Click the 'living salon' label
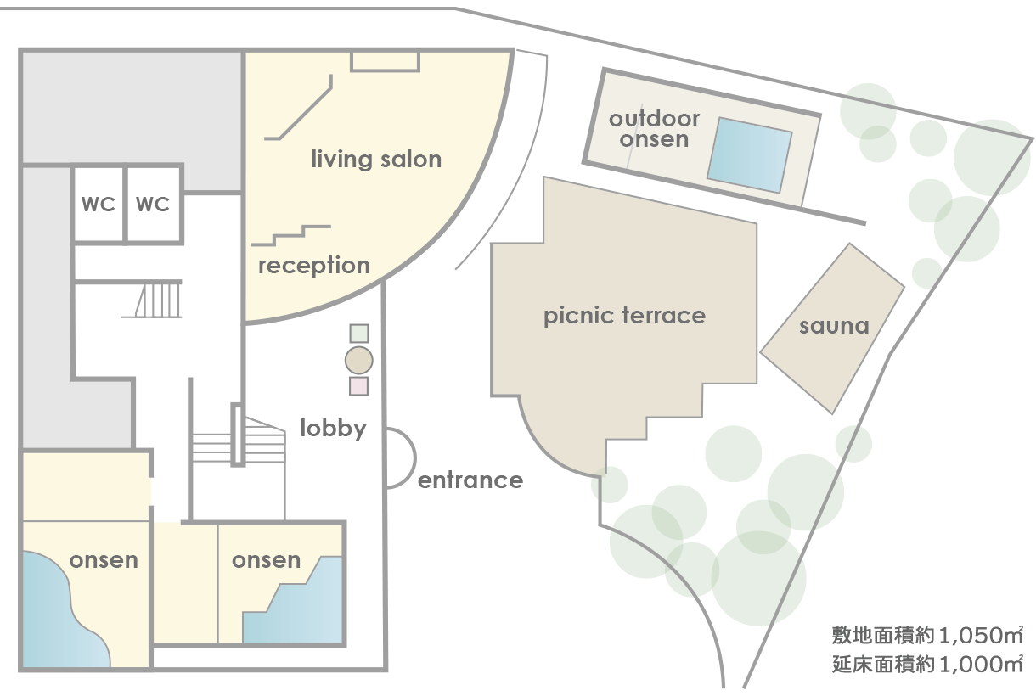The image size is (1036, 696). point(376,160)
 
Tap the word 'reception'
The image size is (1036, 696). point(313,266)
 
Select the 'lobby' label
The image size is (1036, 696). point(334,428)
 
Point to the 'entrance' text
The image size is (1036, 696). point(470,480)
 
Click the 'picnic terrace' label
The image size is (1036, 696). point(624,317)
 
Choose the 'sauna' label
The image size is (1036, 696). point(834,326)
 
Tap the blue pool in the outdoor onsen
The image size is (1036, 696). point(749,154)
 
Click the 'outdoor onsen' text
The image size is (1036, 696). point(654,129)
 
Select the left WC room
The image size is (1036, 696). point(99,205)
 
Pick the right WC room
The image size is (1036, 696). point(153,205)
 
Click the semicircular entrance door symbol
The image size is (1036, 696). point(399,457)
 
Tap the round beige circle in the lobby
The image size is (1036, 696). point(359,361)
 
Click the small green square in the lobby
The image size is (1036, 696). point(359,334)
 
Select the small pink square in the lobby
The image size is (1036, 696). point(359,386)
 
